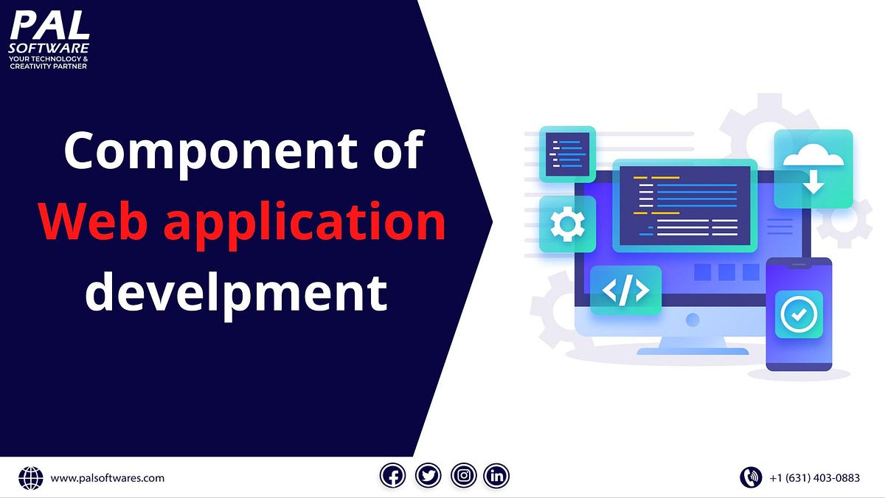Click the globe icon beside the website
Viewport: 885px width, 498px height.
[31, 478]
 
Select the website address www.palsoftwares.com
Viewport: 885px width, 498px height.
[108, 478]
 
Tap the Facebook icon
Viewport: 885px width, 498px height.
[393, 477]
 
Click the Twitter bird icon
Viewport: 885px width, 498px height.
[428, 477]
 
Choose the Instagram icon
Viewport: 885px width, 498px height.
[463, 477]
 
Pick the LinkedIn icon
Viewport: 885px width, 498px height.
[497, 477]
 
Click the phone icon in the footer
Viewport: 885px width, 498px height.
[751, 477]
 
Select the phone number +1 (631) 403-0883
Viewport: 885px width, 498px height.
[814, 478]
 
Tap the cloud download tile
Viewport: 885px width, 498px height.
[813, 168]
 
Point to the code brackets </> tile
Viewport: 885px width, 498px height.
[625, 291]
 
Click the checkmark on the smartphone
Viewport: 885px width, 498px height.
[799, 314]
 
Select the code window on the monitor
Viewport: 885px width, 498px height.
[685, 206]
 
